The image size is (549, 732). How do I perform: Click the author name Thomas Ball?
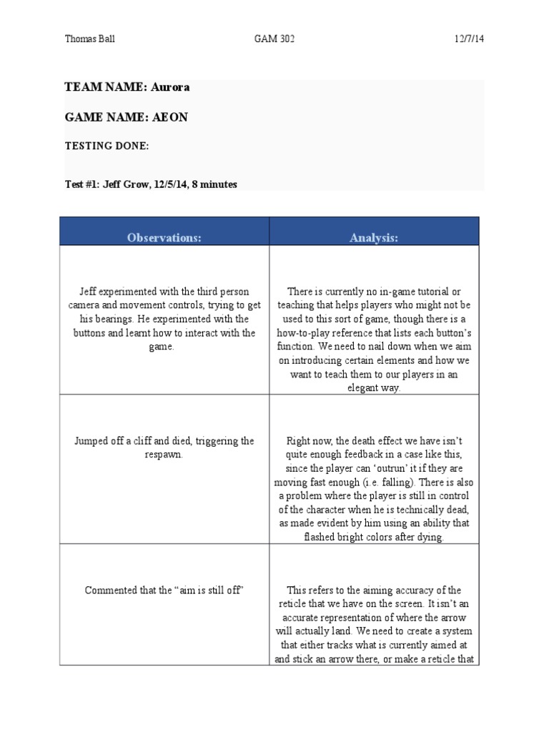point(89,39)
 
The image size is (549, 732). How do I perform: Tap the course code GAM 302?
point(274,39)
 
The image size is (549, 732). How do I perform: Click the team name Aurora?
point(171,87)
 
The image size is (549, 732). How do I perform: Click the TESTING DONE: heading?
point(107,146)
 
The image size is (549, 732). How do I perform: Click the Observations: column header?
point(164,238)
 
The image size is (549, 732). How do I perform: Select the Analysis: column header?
point(374,238)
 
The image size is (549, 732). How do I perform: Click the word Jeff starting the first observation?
point(89,292)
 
